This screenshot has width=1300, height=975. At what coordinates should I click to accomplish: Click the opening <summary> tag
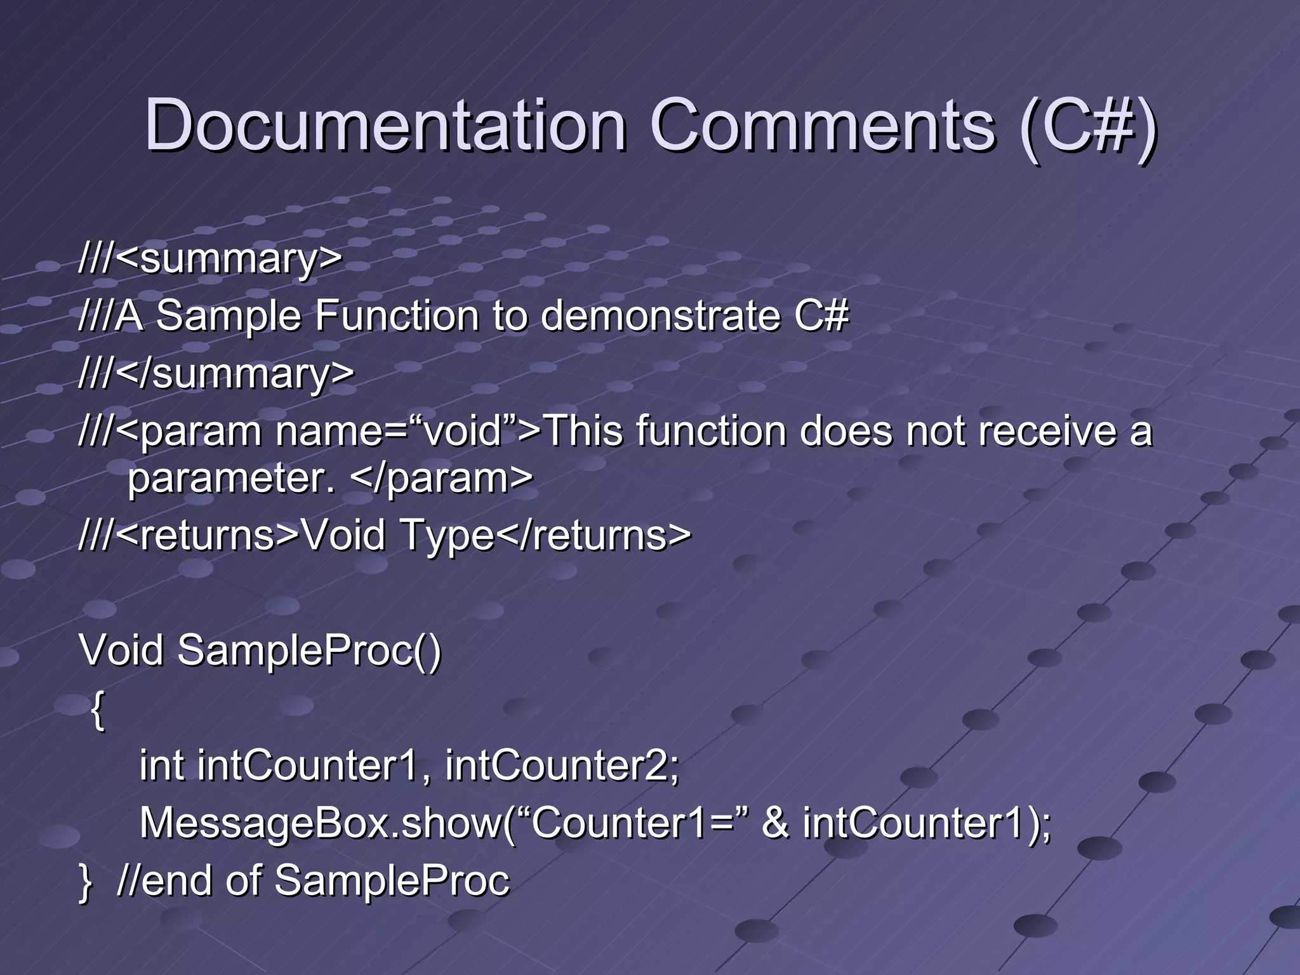[229, 259]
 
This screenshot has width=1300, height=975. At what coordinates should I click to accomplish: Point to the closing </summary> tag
[235, 374]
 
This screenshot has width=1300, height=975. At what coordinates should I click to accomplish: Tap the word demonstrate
[660, 316]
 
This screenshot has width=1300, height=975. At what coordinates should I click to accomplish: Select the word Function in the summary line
[397, 316]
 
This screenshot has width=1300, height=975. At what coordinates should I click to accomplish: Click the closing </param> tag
[442, 478]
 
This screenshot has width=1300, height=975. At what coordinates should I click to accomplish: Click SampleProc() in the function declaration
[309, 651]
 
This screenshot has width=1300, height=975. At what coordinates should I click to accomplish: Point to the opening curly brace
[97, 710]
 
